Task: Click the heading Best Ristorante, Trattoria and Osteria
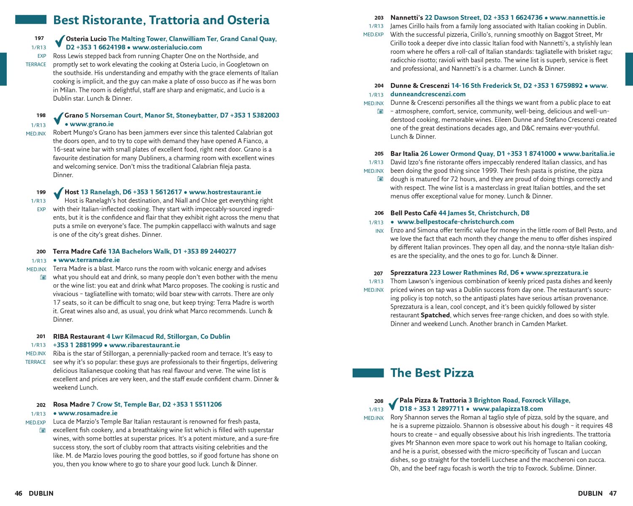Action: point(161,20)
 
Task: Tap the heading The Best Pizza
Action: point(432,373)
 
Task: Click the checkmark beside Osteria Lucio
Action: point(60,40)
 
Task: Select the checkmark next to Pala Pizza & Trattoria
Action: point(393,404)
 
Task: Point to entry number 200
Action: point(41,252)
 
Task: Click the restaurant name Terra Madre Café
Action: point(79,251)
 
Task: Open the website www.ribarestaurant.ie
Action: point(144,345)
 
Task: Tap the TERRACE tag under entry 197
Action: point(36,65)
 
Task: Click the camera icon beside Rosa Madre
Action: point(43,431)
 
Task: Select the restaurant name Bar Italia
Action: point(404,153)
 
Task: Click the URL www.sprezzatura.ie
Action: point(557,273)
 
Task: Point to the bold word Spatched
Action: point(435,315)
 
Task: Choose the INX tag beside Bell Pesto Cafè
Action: point(379,231)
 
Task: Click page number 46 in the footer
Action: point(19,493)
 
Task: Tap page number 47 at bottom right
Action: point(613,493)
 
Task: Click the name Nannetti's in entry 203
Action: point(406,18)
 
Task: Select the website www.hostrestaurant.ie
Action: point(225,192)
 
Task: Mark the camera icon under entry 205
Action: point(380,179)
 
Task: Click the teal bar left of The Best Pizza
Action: point(368,373)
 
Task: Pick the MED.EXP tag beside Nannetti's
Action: point(373,35)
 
